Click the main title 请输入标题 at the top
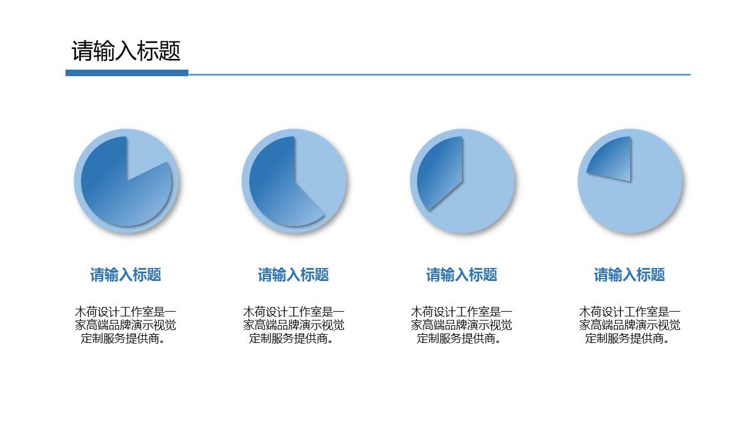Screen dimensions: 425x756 pyautogui.click(x=126, y=51)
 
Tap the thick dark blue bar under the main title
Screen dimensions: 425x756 pyautogui.click(x=126, y=73)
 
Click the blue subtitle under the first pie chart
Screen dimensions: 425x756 pyautogui.click(x=126, y=274)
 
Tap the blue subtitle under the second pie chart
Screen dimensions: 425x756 pyautogui.click(x=294, y=274)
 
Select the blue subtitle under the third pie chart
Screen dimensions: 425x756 pyautogui.click(x=462, y=274)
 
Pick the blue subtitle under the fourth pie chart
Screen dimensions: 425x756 pyautogui.click(x=630, y=274)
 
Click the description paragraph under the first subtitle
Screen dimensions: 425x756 pyautogui.click(x=126, y=325)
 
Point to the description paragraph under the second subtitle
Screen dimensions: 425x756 pyautogui.click(x=294, y=325)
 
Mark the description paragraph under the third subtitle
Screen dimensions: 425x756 pyautogui.click(x=462, y=325)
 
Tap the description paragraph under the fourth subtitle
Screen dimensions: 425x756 pyautogui.click(x=630, y=325)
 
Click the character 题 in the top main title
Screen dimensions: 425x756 pyautogui.click(x=170, y=51)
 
